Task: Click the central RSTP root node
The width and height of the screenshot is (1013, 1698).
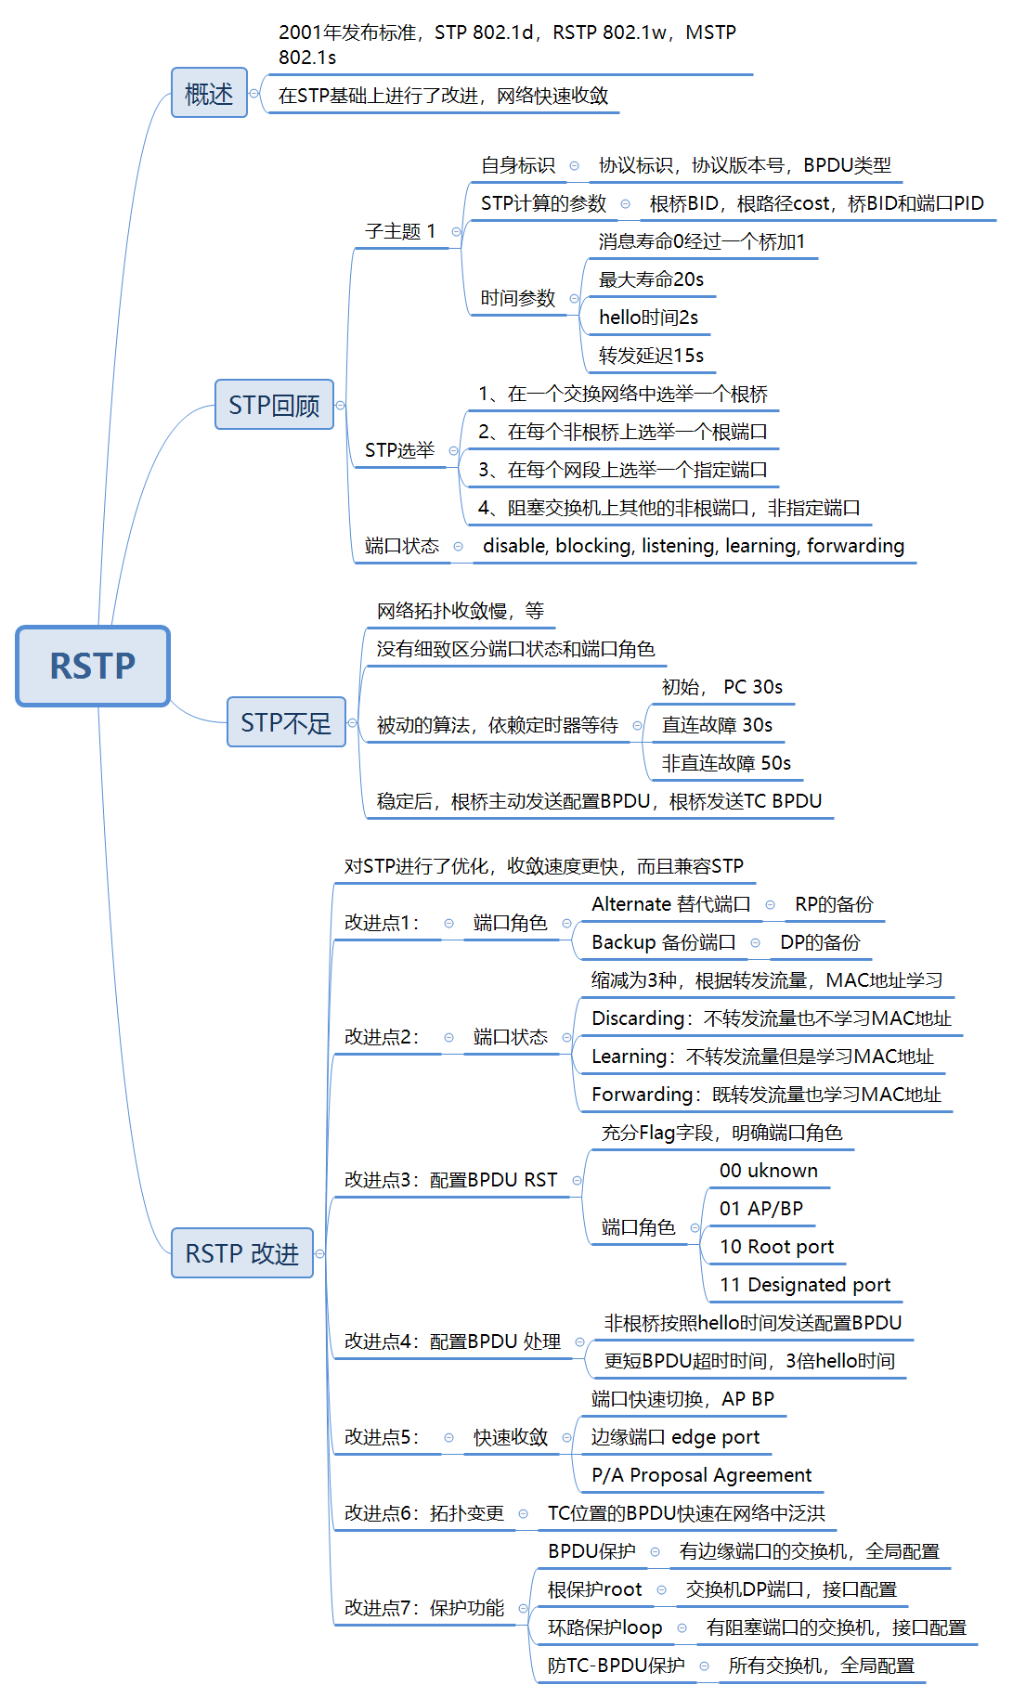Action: click(x=93, y=666)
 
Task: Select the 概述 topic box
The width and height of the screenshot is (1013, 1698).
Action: click(x=209, y=93)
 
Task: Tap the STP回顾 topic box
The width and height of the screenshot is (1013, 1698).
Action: click(x=274, y=405)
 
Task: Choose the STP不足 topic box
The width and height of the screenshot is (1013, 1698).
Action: click(x=286, y=722)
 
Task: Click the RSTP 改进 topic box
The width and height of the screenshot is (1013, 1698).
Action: click(x=241, y=1253)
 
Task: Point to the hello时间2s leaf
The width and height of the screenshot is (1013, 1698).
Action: click(x=648, y=318)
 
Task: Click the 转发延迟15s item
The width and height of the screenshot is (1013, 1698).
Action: click(x=651, y=356)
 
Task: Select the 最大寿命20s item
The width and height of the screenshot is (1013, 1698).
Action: click(x=651, y=279)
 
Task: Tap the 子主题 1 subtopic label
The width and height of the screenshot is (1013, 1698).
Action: click(x=400, y=231)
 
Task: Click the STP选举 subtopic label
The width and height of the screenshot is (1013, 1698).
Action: click(x=399, y=450)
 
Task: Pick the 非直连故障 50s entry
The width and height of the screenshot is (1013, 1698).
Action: click(x=726, y=763)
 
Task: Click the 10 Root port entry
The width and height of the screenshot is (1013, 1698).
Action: click(x=776, y=1247)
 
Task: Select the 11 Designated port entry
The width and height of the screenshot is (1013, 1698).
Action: click(x=804, y=1285)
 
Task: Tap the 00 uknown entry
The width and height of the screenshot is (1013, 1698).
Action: click(x=768, y=1171)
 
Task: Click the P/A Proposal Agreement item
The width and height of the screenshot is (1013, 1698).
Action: click(x=701, y=1475)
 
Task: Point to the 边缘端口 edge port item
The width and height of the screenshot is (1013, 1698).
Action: click(x=675, y=1437)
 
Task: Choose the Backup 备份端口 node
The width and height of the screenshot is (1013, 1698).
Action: click(x=663, y=942)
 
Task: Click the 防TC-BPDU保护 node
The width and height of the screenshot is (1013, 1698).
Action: click(x=616, y=1666)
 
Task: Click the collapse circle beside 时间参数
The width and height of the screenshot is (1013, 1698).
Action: click(x=574, y=299)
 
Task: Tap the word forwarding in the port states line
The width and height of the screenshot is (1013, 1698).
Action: click(x=855, y=546)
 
